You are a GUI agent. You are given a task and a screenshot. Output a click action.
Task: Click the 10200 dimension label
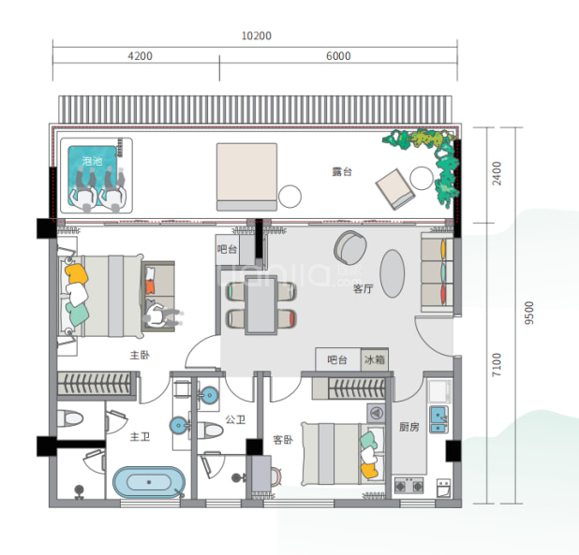(257, 36)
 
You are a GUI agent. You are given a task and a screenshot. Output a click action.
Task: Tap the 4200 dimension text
(140, 56)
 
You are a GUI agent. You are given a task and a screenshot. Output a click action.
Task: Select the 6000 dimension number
(338, 56)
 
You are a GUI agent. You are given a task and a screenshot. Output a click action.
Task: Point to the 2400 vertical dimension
(497, 174)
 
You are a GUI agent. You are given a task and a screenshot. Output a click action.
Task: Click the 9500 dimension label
(529, 314)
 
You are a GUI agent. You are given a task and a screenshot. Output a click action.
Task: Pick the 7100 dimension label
(497, 365)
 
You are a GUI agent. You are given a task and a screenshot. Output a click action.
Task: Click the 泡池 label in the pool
(93, 161)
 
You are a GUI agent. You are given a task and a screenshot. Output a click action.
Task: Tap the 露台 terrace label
(342, 172)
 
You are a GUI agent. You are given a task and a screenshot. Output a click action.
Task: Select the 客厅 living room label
(363, 288)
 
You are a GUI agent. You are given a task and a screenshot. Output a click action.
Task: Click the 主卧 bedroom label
(140, 355)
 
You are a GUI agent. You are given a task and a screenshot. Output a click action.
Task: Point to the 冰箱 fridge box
(375, 359)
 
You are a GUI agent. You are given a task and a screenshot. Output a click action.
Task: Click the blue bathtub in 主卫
(149, 482)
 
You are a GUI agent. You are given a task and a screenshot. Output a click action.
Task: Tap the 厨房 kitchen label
(409, 427)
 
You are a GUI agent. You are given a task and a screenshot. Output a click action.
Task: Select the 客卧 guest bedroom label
(283, 440)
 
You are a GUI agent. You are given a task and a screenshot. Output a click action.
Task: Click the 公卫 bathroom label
(235, 419)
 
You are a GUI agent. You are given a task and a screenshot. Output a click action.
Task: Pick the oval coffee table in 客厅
(393, 273)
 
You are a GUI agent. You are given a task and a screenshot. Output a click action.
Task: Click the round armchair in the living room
(350, 247)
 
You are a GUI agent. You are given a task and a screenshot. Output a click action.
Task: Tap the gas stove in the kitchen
(409, 486)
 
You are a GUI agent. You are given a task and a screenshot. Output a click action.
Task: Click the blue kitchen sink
(438, 419)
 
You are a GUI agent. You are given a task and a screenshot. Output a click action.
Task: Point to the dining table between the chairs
(261, 305)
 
